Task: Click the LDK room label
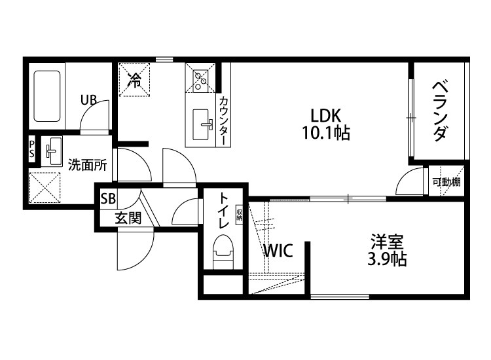(325, 116)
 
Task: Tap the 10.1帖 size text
(325, 134)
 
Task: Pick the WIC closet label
(278, 251)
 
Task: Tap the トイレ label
(224, 210)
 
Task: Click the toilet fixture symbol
(223, 252)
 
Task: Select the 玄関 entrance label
(128, 218)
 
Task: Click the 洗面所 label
(87, 165)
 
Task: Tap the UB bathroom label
(88, 100)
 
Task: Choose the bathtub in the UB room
(46, 96)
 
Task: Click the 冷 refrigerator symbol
(134, 80)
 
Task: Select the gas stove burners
(200, 79)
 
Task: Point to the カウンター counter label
(224, 120)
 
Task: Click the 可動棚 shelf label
(446, 182)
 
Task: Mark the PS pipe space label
(31, 150)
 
